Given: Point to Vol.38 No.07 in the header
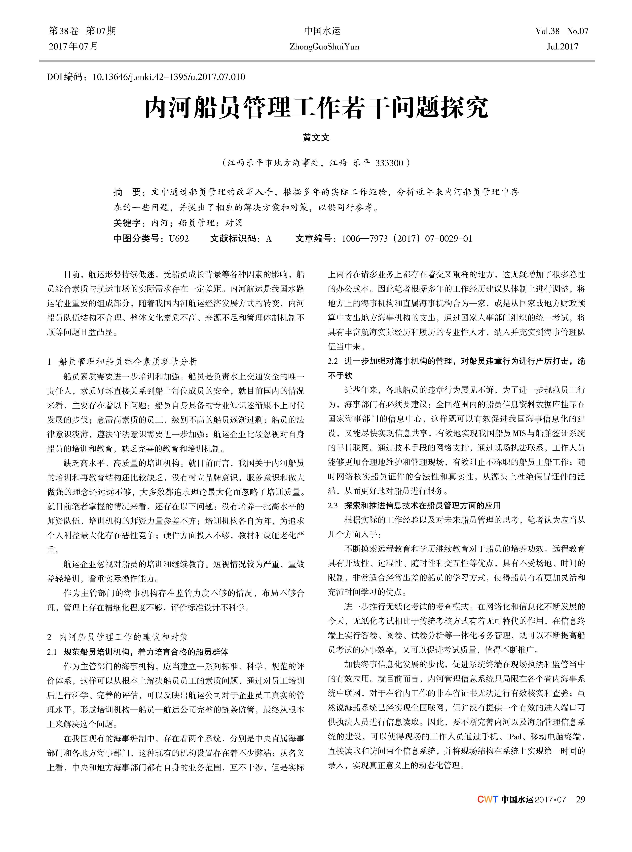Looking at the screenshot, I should click(562, 31).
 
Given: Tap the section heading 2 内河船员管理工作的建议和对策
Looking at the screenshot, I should click(118, 637).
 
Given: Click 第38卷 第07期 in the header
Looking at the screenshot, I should click(83, 31).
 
